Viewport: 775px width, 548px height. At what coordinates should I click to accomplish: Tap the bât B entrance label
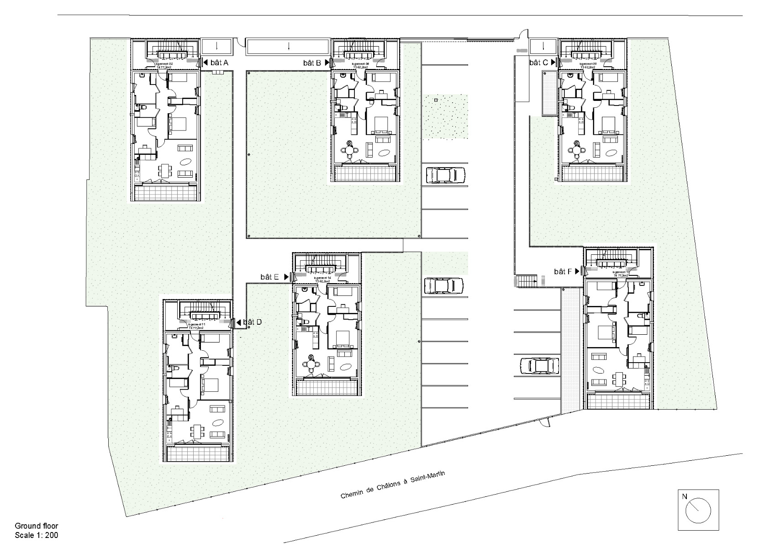pos(312,63)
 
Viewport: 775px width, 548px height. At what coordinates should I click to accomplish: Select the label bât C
pos(539,63)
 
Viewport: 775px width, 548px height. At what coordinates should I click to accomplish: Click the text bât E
pos(270,277)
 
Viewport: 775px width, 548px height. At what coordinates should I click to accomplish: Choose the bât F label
pos(563,272)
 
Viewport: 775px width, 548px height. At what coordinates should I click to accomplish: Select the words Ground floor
pos(37,526)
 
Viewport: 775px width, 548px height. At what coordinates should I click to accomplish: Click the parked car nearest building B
pos(445,175)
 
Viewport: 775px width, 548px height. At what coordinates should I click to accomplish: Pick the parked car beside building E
pos(444,286)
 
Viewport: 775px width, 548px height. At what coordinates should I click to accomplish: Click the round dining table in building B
pos(349,150)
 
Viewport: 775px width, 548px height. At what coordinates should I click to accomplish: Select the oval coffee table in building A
pos(186,161)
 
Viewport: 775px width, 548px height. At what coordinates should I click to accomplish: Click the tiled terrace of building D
pos(198,454)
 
